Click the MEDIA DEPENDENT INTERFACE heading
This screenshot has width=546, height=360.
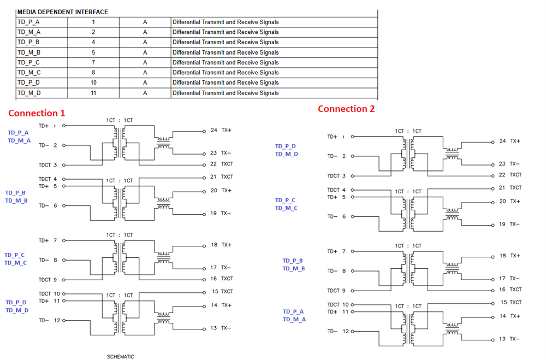click(63, 12)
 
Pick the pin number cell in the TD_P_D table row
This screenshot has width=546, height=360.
click(93, 82)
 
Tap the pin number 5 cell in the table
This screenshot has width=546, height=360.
click(93, 52)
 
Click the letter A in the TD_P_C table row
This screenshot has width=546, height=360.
click(145, 62)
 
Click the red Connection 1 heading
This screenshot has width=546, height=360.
click(37, 113)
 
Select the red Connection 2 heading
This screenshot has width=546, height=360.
click(346, 109)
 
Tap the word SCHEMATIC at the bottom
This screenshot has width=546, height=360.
click(121, 357)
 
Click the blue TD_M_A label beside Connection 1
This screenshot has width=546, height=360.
click(19, 140)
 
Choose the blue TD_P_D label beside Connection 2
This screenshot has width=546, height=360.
click(285, 146)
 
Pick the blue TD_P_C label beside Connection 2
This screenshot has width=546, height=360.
click(285, 200)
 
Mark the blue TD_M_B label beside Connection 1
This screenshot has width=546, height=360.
click(16, 200)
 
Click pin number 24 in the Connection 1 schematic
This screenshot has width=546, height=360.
click(214, 130)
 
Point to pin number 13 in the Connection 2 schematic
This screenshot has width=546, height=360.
click(502, 339)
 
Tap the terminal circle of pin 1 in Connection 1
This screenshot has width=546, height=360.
click(64, 126)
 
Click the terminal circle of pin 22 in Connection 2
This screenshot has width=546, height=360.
click(492, 176)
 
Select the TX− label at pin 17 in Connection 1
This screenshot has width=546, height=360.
click(226, 268)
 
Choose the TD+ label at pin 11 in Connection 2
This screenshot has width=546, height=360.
click(333, 311)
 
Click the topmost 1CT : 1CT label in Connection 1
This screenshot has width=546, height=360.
click(120, 120)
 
